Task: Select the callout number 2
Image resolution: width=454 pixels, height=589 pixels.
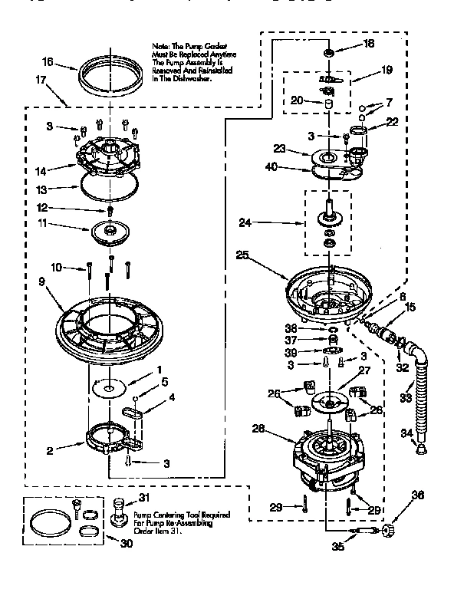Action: [x=50, y=452]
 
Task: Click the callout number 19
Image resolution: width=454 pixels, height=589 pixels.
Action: [x=387, y=69]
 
